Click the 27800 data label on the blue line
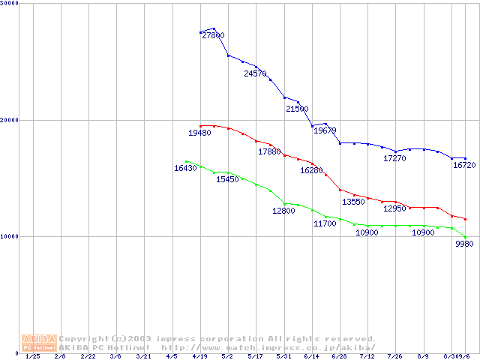coord(213,35)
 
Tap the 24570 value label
coord(255,73)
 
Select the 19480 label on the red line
coord(199,133)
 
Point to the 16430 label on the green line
coord(185,169)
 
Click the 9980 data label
coord(465,244)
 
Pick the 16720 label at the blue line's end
coord(464,165)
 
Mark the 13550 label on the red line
coord(353,202)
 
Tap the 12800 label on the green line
coord(283,211)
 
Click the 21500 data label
coord(297,109)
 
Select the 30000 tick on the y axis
coord(10,4)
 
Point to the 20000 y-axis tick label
coord(10,120)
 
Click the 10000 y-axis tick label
coord(10,236)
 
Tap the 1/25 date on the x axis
coord(32,357)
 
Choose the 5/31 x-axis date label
coord(283,357)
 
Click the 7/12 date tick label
coord(367,357)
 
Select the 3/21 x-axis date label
coord(143,357)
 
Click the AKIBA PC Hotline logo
coord(38,343)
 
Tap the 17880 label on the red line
coord(269,151)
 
